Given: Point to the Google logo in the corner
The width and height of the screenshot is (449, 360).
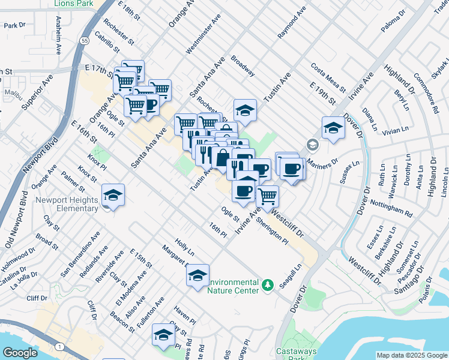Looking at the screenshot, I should click(x=20, y=353).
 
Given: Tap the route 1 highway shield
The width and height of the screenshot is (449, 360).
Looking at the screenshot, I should click(x=59, y=347).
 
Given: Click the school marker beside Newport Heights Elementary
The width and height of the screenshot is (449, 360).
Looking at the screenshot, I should click(x=113, y=195).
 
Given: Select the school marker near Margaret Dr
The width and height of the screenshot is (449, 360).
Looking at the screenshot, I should click(x=197, y=275).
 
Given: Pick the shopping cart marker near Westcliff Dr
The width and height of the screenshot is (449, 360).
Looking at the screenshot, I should click(x=268, y=195).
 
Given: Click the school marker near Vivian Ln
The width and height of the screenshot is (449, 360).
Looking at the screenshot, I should click(x=333, y=127).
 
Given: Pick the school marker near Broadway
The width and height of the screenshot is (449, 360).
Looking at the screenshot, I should click(x=245, y=110).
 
